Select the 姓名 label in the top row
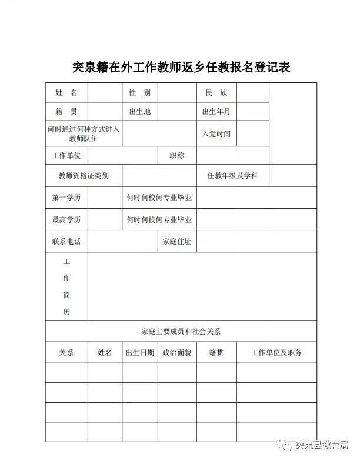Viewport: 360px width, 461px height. coord(66,93)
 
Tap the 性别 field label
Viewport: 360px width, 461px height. coord(140,93)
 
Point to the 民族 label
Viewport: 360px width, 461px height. coord(216,93)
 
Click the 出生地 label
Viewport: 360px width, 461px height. coord(140,112)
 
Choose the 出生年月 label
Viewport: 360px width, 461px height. coord(216,112)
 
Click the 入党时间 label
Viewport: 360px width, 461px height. coord(216,134)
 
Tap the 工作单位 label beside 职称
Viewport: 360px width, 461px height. coord(66,156)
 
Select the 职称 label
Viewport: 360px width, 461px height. coord(176,156)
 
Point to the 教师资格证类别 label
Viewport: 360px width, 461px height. coord(84,175)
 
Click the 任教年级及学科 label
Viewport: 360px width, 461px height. coord(232,175)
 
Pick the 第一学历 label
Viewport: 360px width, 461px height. coord(66,198)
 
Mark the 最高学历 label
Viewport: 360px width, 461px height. coord(66,220)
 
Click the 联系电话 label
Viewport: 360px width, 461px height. coord(66,242)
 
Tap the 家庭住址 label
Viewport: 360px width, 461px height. coord(176,242)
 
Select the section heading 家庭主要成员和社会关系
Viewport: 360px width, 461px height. coord(181,332)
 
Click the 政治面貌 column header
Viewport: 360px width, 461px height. coord(176,353)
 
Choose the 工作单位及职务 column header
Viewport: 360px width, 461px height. coord(276,353)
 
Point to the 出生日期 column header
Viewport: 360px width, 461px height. coord(140,353)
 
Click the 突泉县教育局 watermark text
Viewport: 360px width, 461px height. coord(322,445)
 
